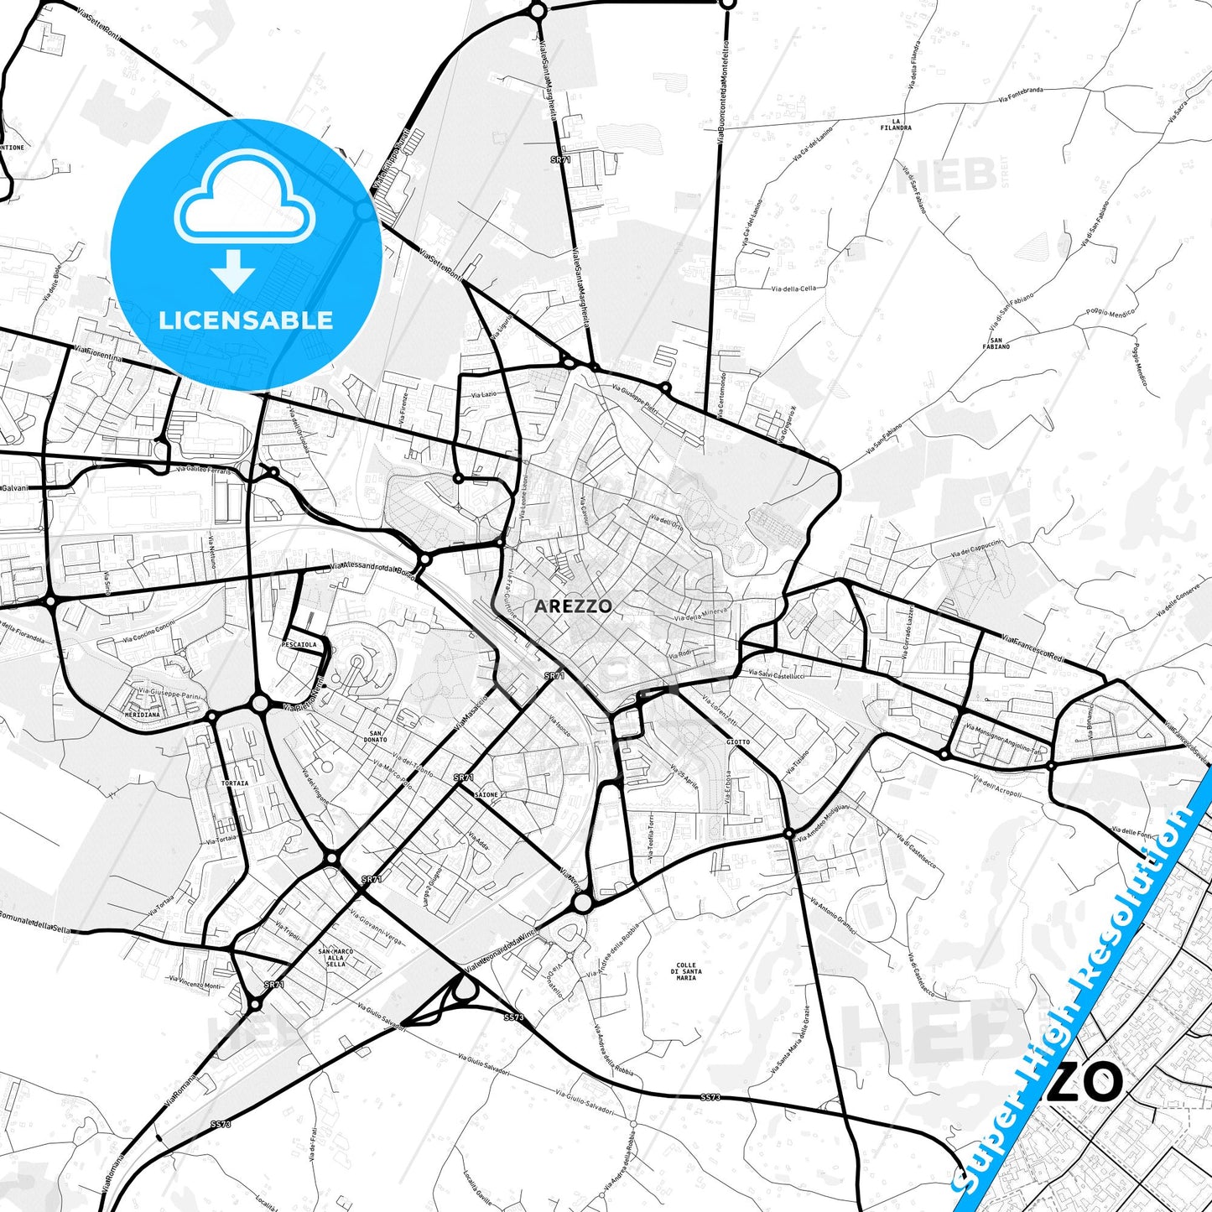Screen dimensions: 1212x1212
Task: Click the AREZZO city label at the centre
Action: (573, 606)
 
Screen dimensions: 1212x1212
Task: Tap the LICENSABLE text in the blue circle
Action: (247, 320)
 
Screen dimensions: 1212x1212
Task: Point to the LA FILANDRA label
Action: (896, 124)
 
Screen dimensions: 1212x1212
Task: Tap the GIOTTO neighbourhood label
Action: (738, 742)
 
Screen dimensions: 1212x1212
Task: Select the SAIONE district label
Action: (486, 794)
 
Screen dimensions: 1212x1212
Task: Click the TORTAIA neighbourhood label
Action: (235, 783)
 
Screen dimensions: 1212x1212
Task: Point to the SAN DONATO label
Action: (376, 736)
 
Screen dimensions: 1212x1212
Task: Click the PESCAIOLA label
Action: (300, 644)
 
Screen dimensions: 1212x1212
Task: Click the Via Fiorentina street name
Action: (98, 354)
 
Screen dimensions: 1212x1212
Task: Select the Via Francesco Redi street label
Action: (1033, 648)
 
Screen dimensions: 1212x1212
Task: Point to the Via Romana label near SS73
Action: (179, 1089)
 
